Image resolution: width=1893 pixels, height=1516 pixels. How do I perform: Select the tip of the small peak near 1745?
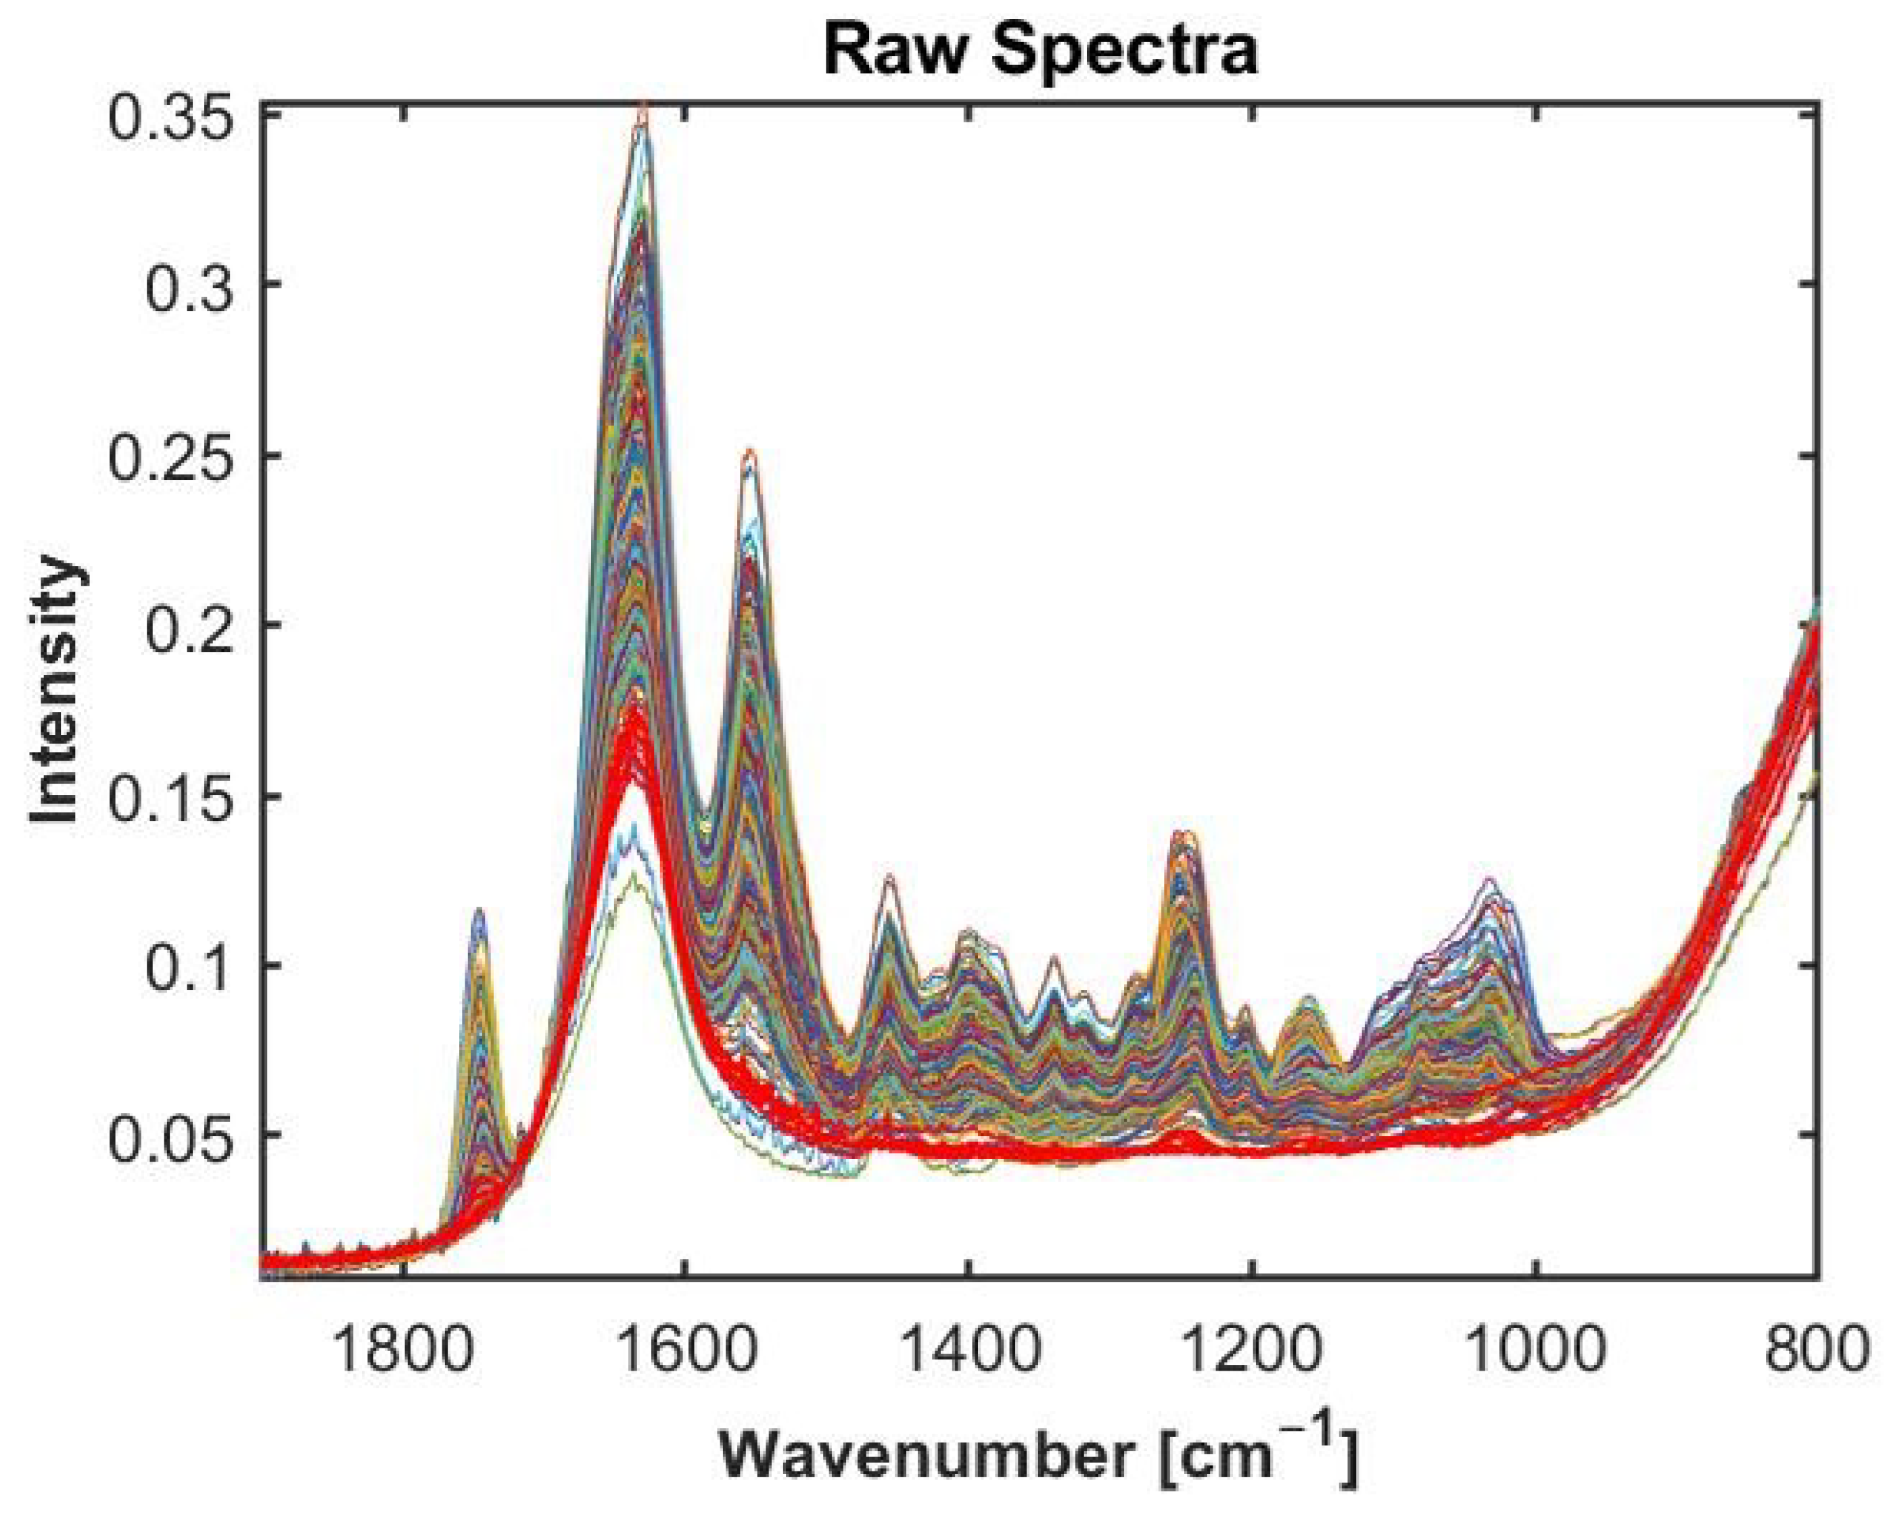tap(479, 909)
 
